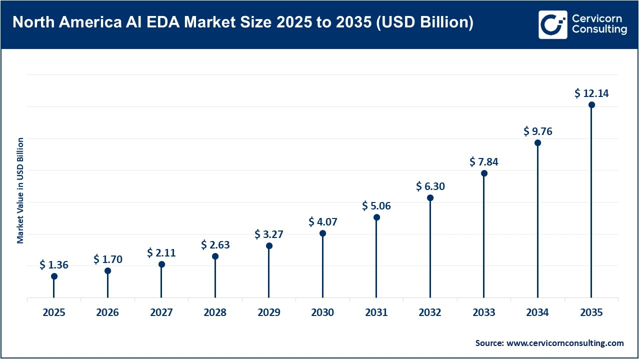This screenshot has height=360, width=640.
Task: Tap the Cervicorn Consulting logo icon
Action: tap(552, 24)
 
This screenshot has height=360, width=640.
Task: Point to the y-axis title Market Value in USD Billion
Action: tap(20, 190)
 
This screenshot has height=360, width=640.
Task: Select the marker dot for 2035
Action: tap(591, 105)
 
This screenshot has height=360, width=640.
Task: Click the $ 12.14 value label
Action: tap(591, 93)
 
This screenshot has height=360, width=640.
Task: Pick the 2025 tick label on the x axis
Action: tap(54, 312)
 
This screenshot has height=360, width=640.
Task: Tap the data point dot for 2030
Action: tap(322, 233)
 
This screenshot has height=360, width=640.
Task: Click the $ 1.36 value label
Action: tap(54, 265)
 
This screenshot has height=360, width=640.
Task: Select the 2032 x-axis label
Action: tap(430, 312)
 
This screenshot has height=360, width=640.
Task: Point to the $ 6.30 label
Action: tap(430, 186)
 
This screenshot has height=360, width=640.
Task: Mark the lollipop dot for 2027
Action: tap(161, 264)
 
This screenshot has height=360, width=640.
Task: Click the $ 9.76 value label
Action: tap(537, 131)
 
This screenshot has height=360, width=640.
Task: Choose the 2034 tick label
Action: tap(537, 312)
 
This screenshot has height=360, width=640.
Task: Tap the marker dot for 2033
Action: tap(484, 173)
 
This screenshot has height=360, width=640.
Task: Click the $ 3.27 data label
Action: tap(269, 234)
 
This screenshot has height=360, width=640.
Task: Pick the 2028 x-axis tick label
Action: tap(215, 312)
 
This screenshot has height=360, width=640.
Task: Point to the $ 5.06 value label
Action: tap(376, 205)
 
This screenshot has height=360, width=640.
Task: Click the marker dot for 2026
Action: tap(107, 271)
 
